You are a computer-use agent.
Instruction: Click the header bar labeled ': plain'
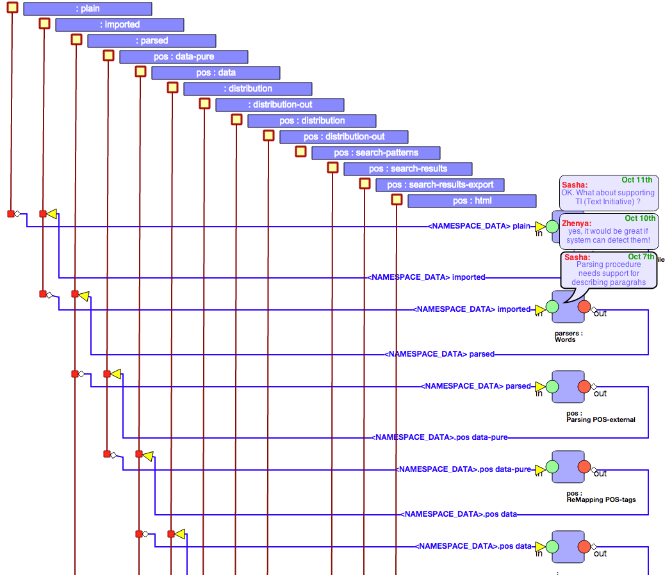click(88, 9)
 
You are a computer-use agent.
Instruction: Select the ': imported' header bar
click(120, 25)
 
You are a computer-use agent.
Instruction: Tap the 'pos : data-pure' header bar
click(184, 57)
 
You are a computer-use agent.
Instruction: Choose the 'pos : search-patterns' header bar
click(376, 153)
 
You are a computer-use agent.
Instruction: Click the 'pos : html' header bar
click(472, 201)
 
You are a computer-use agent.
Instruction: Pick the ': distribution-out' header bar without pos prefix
click(280, 105)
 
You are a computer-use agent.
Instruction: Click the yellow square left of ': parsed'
click(76, 39)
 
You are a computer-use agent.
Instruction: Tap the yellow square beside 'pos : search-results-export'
click(365, 183)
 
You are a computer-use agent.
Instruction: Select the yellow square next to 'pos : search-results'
click(332, 167)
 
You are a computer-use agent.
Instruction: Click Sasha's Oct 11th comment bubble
click(607, 192)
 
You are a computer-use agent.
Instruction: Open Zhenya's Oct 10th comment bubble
click(609, 231)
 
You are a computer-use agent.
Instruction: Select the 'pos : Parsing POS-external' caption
click(600, 417)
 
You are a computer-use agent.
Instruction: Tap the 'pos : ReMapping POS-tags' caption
click(601, 496)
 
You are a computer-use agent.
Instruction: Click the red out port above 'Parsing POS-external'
click(584, 387)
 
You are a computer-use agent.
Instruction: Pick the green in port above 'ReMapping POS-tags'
click(552, 467)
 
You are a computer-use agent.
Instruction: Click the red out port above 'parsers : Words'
click(584, 307)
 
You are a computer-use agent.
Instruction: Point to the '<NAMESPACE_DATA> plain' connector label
click(480, 226)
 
